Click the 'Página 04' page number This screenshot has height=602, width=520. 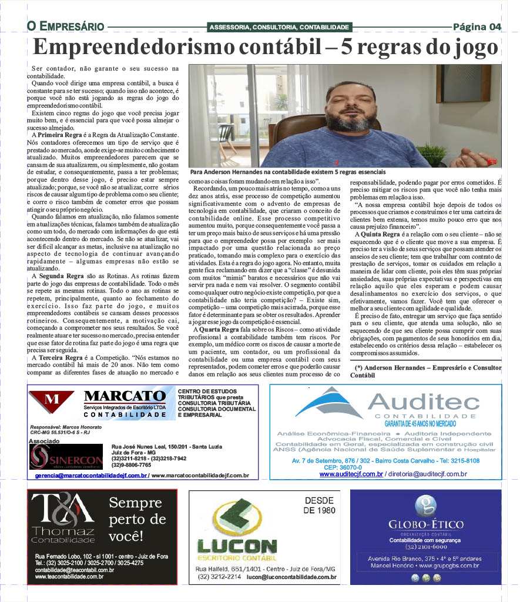click(x=477, y=26)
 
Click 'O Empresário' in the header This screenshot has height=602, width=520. click(x=65, y=26)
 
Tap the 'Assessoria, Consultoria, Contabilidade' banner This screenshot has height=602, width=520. click(x=279, y=27)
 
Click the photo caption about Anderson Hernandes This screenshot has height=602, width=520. click(x=288, y=172)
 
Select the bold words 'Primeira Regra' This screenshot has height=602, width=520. click(x=58, y=135)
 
